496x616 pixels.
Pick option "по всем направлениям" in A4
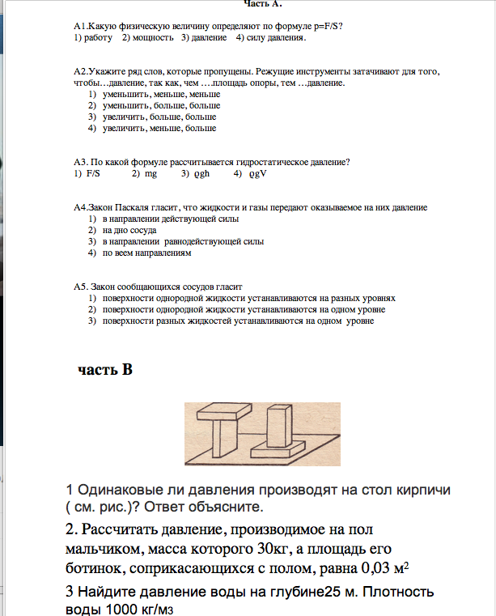pyautogui.click(x=146, y=253)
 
